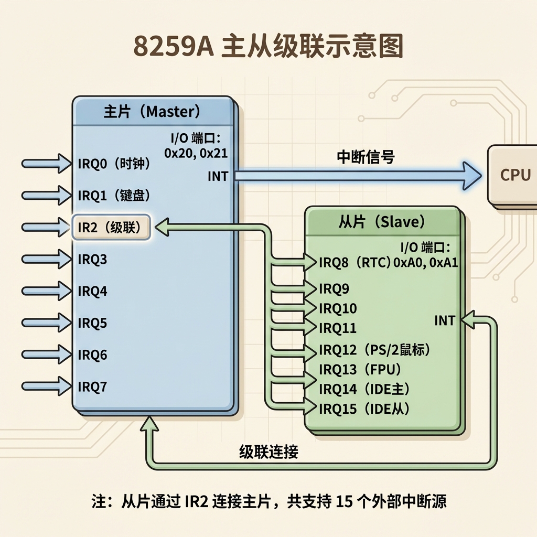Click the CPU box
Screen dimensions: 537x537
pos(512,175)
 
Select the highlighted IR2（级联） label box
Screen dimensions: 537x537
pos(111,227)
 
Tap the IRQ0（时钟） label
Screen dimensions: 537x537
pos(114,164)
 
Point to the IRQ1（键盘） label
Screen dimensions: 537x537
pos(114,196)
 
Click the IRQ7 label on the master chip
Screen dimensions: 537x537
pos(92,386)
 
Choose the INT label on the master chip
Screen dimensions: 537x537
pos(218,176)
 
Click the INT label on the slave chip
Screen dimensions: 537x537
pos(445,320)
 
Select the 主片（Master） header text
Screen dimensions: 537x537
pos(152,112)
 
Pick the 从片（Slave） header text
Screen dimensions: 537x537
pos(382,222)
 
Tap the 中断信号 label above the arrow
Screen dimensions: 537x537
pos(366,157)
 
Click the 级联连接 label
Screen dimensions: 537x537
pos(269,452)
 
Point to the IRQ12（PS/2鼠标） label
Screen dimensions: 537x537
pos(374,350)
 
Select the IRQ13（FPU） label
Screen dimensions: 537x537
pos(360,370)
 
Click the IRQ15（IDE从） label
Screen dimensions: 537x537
pos(364,409)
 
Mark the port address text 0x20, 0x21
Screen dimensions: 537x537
pos(196,153)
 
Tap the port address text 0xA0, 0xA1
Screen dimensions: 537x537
pos(426,262)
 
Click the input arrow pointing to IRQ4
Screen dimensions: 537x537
pos(47,291)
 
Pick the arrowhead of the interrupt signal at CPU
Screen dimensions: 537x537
pos(472,176)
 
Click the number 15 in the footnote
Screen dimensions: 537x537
pos(344,501)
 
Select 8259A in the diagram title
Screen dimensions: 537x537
pos(173,46)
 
